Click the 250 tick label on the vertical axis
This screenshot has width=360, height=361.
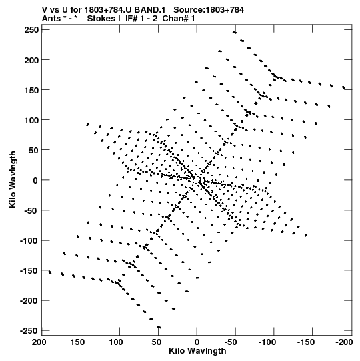tap(31, 30)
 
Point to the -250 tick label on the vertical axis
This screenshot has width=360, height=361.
tap(29, 331)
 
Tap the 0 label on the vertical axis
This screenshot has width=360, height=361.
tap(35, 180)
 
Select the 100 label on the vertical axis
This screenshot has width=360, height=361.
tap(31, 120)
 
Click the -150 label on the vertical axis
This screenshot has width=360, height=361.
tap(29, 271)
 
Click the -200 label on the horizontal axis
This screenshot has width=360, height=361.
tap(344, 342)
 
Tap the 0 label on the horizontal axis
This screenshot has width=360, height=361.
tap(197, 342)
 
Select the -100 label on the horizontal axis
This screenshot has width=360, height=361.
tap(267, 342)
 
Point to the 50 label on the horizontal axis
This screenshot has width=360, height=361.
tap(157, 342)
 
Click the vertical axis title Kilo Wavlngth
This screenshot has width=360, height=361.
tap(13, 179)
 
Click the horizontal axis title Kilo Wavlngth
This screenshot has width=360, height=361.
tap(197, 351)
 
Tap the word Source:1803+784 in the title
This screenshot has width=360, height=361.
tap(209, 10)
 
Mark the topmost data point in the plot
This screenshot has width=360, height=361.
tap(235, 33)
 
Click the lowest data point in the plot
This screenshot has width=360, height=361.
tap(159, 327)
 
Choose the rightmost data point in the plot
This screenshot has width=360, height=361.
tap(344, 87)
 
